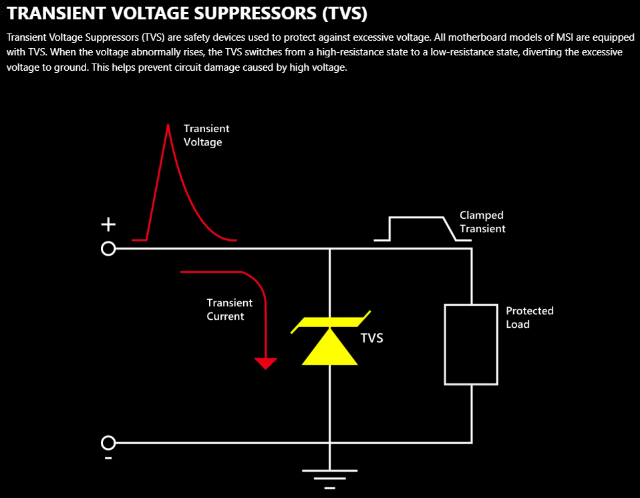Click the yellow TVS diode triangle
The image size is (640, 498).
330,348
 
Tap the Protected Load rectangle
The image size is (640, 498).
471,344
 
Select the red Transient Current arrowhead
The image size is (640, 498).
266,363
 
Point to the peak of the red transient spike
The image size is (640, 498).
166,125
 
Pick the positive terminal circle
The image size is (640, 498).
108,249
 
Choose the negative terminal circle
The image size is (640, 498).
108,443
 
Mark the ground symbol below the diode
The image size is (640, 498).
329,477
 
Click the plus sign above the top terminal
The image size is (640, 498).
108,226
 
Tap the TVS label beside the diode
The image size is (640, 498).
372,338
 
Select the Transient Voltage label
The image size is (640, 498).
206,135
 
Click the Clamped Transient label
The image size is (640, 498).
482,222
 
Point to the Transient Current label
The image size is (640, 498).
229,309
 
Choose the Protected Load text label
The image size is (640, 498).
529,317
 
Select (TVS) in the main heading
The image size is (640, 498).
345,13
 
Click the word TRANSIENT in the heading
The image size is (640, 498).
51,13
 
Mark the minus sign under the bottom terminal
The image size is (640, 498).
108,459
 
